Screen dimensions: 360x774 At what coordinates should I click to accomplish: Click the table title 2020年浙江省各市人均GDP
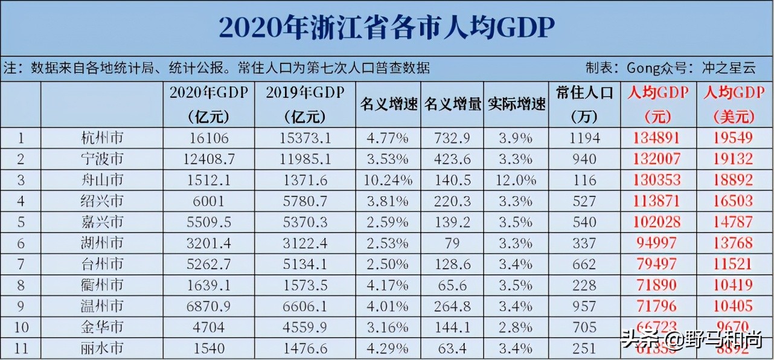(386, 28)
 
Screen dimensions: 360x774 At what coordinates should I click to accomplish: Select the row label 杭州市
(102, 138)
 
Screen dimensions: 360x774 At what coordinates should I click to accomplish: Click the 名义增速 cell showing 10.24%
(389, 180)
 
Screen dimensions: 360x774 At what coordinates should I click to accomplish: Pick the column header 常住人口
(584, 92)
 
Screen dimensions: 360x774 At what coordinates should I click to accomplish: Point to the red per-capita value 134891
(657, 138)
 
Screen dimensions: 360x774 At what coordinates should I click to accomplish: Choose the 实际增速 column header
(516, 103)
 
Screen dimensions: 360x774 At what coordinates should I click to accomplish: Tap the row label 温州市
(102, 306)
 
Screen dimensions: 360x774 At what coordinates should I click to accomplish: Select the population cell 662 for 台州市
(584, 264)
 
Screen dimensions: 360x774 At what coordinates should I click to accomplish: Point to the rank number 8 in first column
(21, 285)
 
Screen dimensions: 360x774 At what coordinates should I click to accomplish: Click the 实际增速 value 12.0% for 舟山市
(516, 180)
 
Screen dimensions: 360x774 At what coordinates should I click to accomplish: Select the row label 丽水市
(102, 348)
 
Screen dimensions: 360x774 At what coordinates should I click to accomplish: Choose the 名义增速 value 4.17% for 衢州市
(389, 285)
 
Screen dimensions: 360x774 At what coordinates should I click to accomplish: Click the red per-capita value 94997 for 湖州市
(657, 243)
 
